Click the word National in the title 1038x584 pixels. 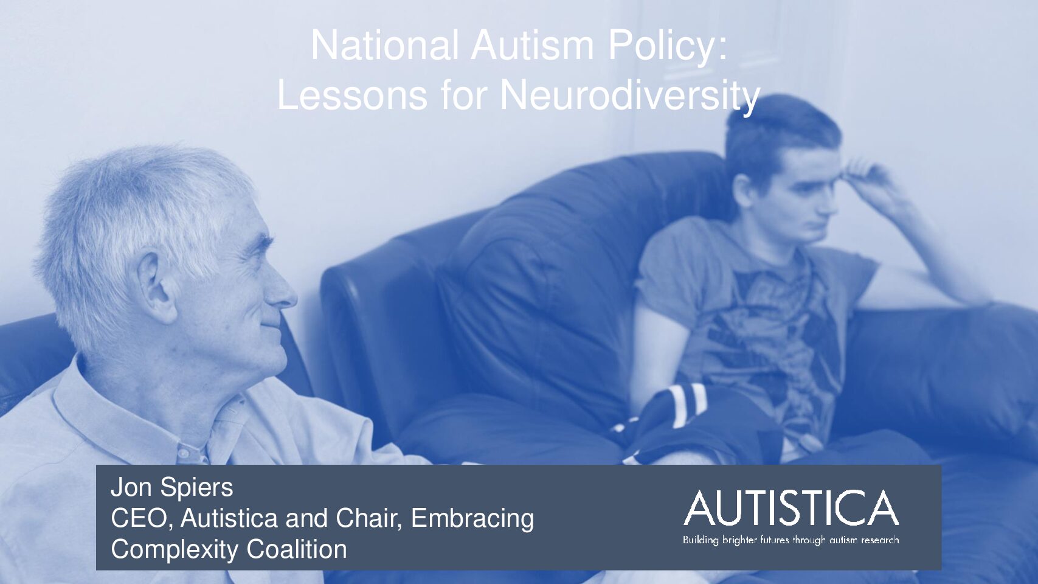point(385,45)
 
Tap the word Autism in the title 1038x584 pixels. point(532,45)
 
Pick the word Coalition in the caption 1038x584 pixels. point(297,549)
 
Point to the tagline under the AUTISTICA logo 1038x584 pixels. point(791,540)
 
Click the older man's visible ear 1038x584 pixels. point(155,287)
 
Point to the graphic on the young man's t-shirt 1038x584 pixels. point(769,334)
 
